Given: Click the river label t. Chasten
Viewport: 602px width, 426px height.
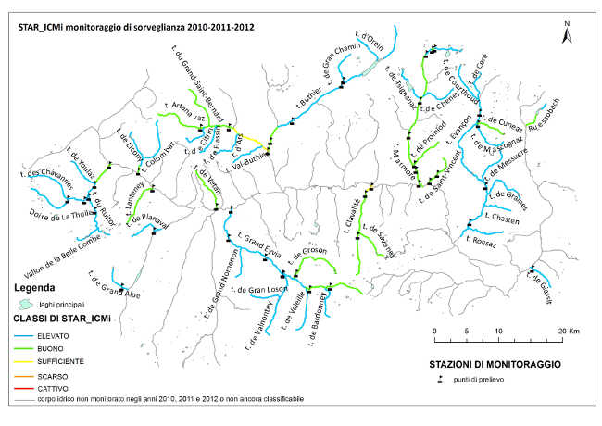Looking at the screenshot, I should tap(501, 219).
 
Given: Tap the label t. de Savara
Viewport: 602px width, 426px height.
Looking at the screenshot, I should tap(380, 238).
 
